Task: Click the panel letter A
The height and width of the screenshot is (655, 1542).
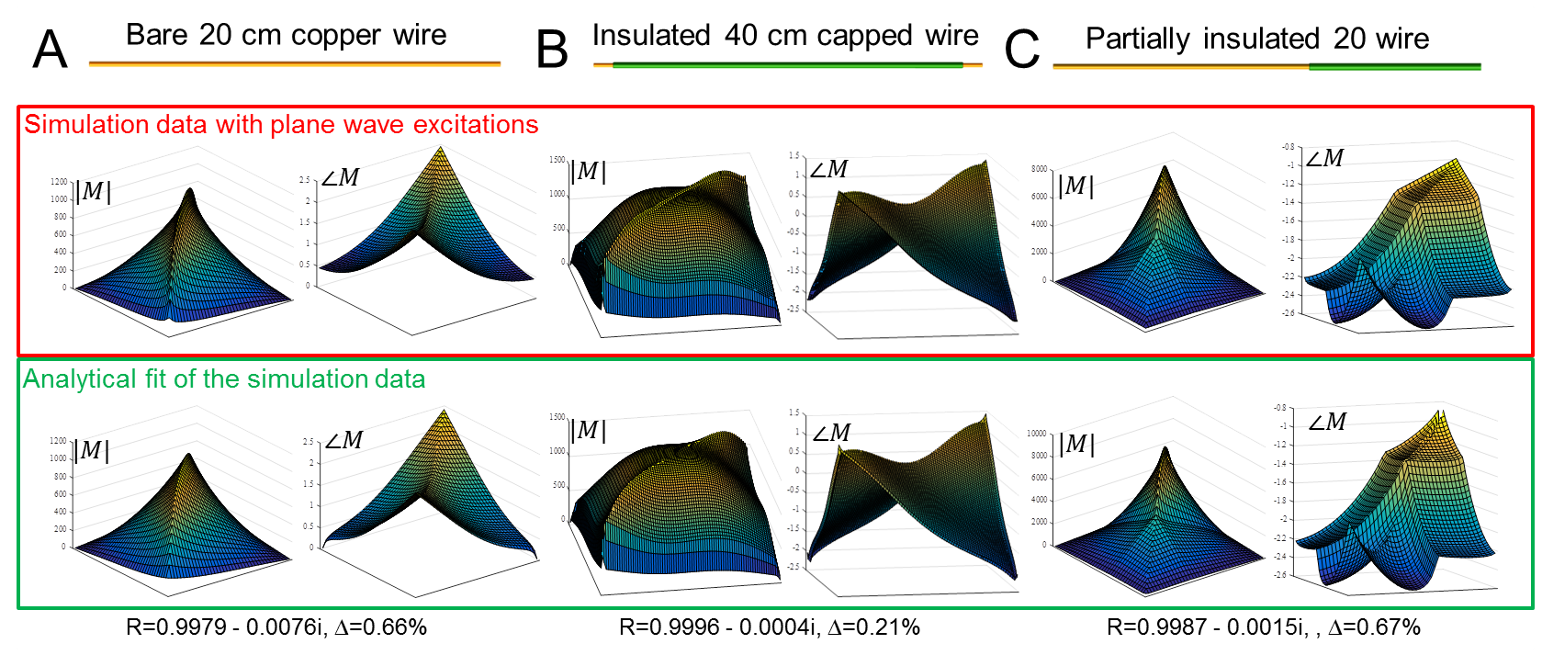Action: coord(50,50)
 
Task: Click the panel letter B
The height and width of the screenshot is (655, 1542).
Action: coord(552,50)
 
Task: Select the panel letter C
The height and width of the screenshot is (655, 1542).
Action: coord(1022,50)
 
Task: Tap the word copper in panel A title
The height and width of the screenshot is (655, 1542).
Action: coord(335,36)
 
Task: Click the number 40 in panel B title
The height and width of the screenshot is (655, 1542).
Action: coord(741,35)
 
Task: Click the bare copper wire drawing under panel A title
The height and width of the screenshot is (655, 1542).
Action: coord(294,63)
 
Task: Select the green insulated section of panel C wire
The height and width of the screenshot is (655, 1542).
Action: coord(1394,66)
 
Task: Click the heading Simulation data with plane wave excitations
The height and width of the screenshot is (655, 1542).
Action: coord(281,125)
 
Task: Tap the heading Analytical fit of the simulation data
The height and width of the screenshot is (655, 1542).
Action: coord(224,379)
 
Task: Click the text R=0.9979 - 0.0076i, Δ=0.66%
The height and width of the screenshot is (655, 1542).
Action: coord(276,627)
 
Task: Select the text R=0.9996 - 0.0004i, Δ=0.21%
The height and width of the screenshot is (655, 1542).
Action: coord(770,627)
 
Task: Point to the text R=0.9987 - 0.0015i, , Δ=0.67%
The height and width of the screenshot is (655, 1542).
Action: coord(1264,627)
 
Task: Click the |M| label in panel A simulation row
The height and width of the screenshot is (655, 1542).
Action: coord(94,191)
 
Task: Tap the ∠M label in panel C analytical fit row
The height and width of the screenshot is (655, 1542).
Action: coord(1326,422)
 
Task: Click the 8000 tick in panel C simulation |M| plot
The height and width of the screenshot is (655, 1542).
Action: coord(1039,169)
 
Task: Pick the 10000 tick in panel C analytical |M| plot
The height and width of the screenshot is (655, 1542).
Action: coord(1036,433)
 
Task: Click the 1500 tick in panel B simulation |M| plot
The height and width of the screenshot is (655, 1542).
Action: coord(557,160)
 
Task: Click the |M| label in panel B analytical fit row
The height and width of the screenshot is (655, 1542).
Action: coord(588,430)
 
